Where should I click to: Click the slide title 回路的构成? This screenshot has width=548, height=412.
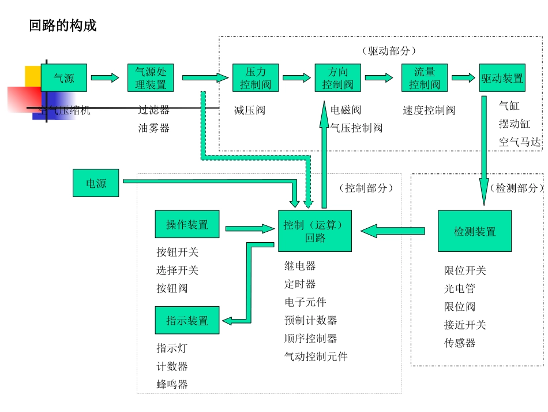[x=63, y=26]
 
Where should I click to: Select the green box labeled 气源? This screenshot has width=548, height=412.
[x=64, y=78]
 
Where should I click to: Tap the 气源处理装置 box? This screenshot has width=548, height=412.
[x=151, y=78]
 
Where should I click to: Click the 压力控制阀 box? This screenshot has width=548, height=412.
[x=256, y=78]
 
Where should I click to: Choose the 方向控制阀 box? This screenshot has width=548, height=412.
[x=337, y=78]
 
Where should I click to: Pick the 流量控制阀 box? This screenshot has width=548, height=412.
[x=425, y=78]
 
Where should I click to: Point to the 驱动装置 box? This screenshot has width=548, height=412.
[x=502, y=78]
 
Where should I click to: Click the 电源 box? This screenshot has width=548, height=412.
[x=96, y=183]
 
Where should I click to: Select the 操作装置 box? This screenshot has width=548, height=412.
[x=187, y=224]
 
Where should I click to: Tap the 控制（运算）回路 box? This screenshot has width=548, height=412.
[x=315, y=231]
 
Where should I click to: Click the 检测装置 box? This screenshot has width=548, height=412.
[x=475, y=231]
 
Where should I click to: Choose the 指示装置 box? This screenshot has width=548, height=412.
[x=187, y=320]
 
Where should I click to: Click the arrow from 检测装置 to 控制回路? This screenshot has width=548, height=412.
[x=393, y=231]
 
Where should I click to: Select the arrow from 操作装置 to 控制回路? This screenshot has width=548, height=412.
[x=250, y=229]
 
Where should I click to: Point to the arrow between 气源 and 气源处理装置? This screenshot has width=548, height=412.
[x=105, y=78]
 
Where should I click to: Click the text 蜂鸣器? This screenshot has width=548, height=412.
[x=172, y=384]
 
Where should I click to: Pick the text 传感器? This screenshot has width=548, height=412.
[x=460, y=343]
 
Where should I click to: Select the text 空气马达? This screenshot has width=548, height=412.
[x=520, y=142]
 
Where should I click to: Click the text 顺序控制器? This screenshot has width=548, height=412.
[x=310, y=338]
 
